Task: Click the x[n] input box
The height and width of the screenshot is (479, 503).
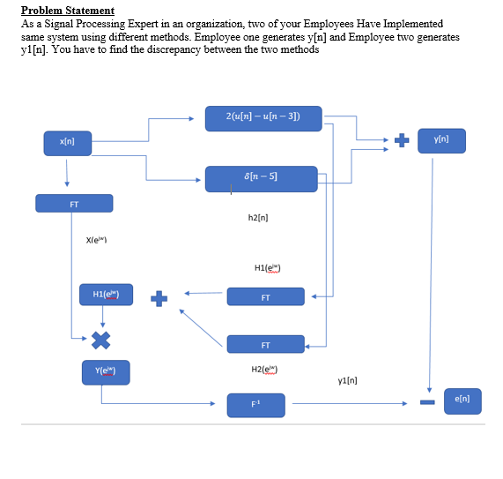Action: click(67, 140)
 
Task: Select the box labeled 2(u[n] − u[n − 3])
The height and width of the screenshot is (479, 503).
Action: click(263, 118)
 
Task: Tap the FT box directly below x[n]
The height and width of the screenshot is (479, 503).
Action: click(74, 204)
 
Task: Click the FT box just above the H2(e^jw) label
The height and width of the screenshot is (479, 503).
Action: click(265, 344)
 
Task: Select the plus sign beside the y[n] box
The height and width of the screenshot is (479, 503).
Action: click(402, 140)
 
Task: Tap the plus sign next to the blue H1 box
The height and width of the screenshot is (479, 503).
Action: click(159, 297)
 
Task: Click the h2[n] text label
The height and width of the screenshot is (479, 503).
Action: click(258, 216)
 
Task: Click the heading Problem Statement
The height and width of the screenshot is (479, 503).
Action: click(68, 11)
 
